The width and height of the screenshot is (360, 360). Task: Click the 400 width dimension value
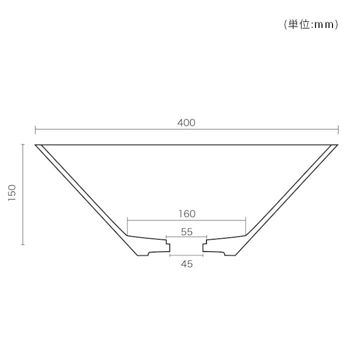186,123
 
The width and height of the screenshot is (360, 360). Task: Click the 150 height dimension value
12,193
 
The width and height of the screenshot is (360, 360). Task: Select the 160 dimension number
187,214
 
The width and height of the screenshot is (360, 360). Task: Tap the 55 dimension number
186,232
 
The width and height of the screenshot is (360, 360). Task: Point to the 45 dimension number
186,264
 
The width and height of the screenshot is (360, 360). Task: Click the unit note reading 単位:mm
311,24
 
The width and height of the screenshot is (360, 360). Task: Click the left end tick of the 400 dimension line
35,129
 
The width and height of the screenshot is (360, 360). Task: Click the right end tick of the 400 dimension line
338,129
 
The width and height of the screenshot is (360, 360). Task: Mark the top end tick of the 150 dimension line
22,144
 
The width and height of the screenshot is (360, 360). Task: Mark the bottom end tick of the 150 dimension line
22,244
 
